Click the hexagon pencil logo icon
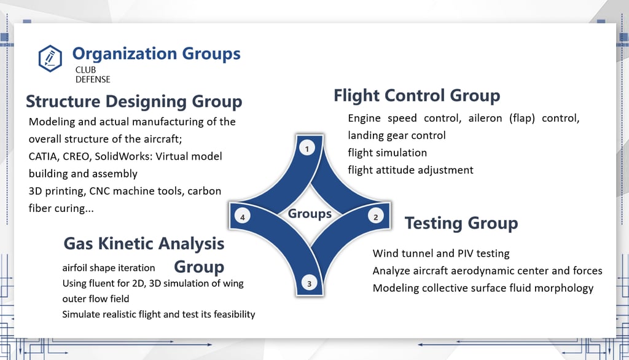pos(50,58)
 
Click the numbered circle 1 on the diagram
pos(307,149)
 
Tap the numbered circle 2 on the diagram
pos(375,217)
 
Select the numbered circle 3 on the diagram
pos(309,283)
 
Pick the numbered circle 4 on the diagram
pos(242,217)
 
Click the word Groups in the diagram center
pos(310,214)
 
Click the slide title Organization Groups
pos(157,54)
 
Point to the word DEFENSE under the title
pos(93,79)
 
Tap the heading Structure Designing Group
pos(134,101)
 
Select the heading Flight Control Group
pos(417,95)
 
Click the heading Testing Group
pos(461,223)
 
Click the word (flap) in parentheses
pos(522,119)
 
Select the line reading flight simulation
pos(387,153)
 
